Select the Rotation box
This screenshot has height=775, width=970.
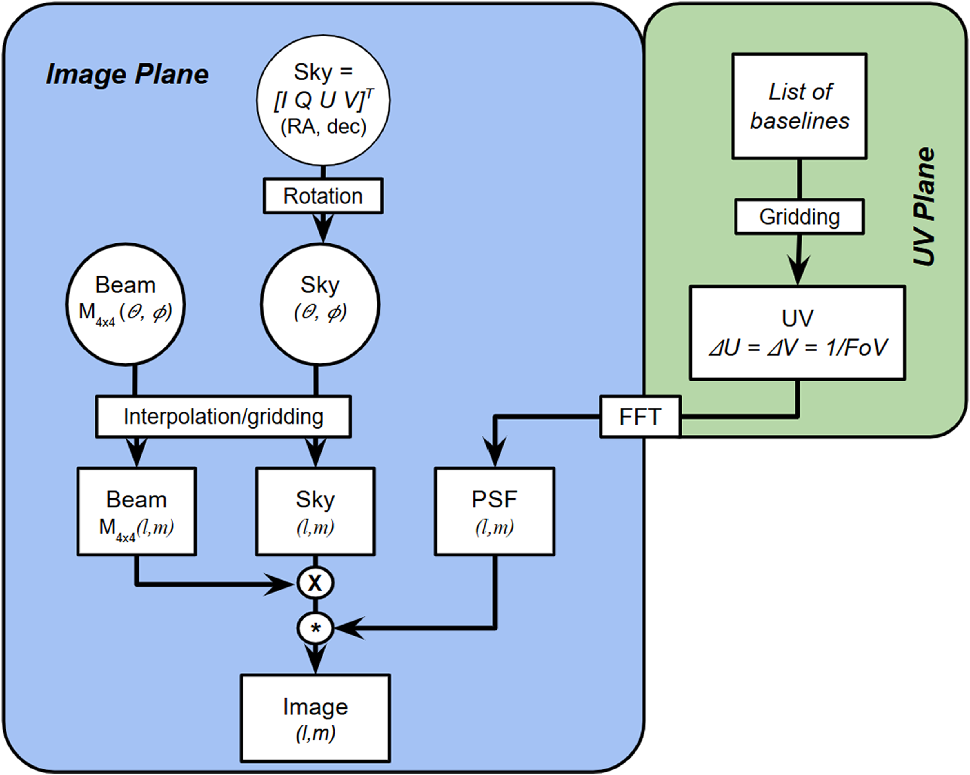pyautogui.click(x=322, y=196)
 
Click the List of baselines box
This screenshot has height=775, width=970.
pyautogui.click(x=799, y=106)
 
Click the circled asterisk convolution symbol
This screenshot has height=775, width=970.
pyautogui.click(x=315, y=628)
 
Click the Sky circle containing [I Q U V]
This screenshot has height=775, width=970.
pyautogui.click(x=323, y=100)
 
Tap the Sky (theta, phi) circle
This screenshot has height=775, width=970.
pyautogui.click(x=320, y=304)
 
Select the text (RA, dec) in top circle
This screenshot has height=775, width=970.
pyautogui.click(x=323, y=127)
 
